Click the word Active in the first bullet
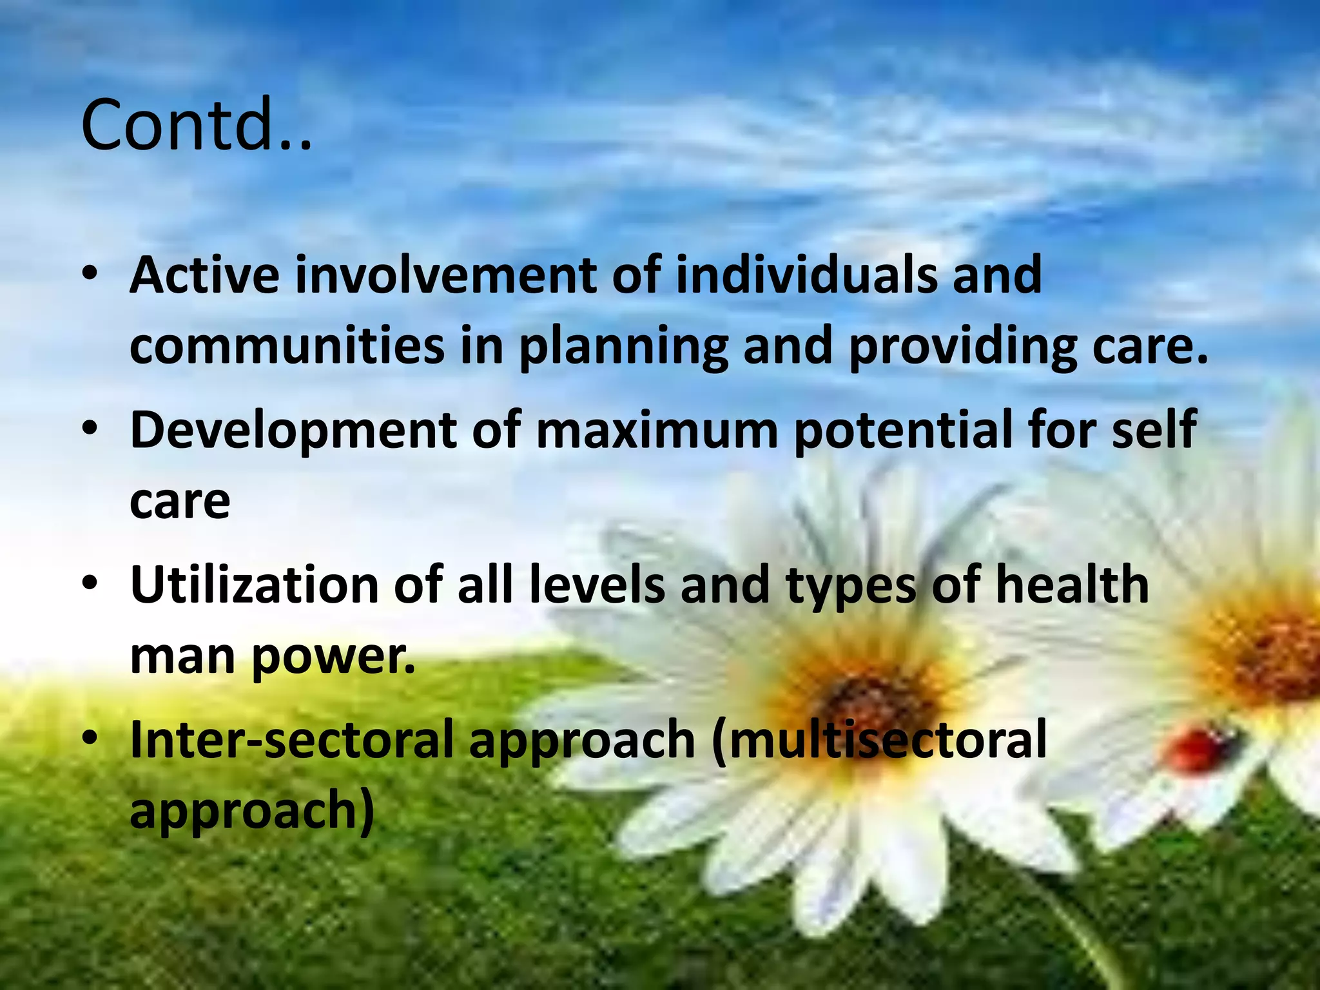pyautogui.click(x=204, y=275)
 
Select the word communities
pyautogui.click(x=287, y=346)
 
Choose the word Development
pyautogui.click(x=293, y=431)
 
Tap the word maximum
pyautogui.click(x=657, y=431)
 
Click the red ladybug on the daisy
pyautogui.click(x=1199, y=750)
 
